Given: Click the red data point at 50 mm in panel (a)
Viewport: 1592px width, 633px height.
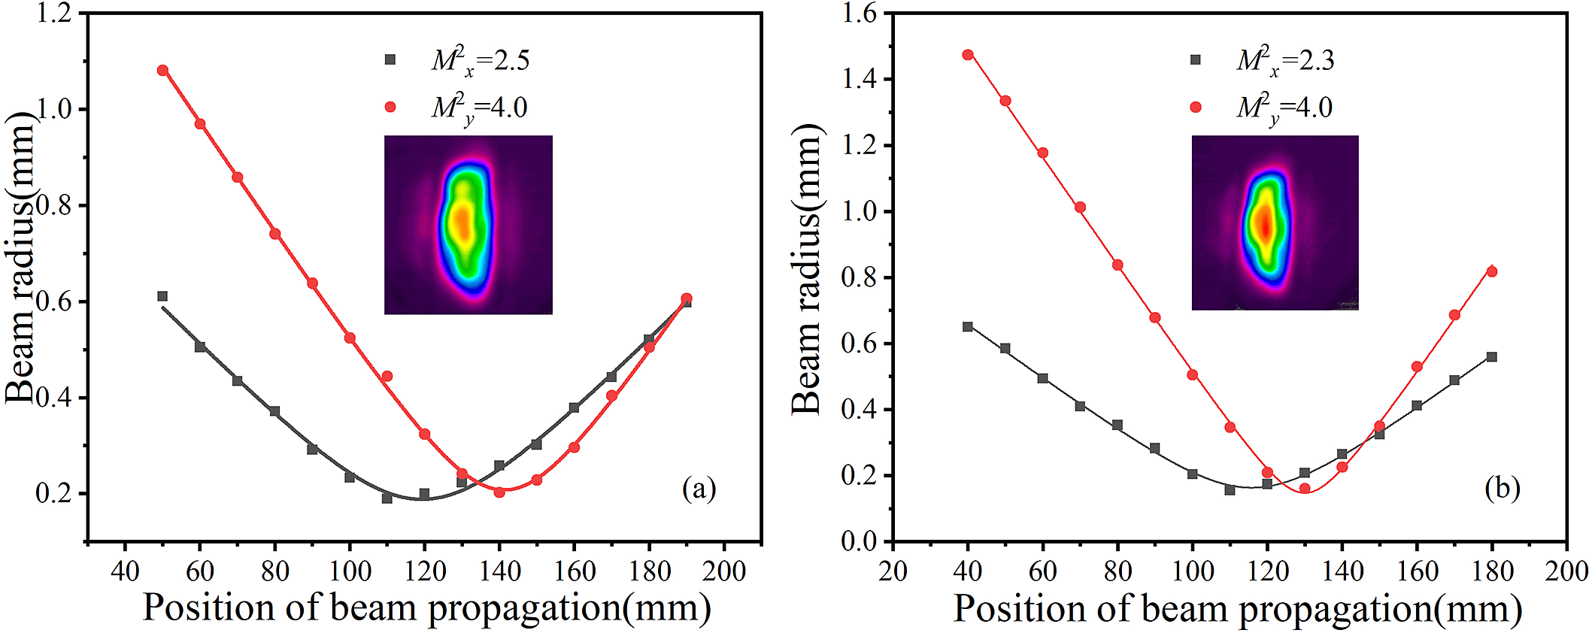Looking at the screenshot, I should coord(162,71).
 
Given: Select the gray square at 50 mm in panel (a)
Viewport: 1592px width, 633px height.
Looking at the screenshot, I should coord(162,296).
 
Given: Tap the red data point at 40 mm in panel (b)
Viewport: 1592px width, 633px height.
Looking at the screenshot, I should coord(968,55).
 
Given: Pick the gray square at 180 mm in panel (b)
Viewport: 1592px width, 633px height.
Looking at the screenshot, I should coord(1492,357).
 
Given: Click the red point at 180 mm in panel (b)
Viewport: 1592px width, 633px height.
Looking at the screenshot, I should coord(1492,271).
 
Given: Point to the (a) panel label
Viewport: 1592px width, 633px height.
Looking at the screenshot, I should coord(699,489).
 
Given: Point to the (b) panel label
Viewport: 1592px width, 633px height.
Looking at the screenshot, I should coord(1502,489).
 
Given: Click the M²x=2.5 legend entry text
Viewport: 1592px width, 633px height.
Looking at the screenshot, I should coord(481,61).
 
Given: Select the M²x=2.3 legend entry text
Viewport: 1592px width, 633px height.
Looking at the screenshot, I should coord(1285,61).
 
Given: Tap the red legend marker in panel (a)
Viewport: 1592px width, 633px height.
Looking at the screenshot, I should coord(390,108).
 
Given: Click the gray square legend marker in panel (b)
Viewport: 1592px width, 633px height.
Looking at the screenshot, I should coord(1196,60).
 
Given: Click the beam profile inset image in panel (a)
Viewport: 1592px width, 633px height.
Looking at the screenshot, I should coord(469,225).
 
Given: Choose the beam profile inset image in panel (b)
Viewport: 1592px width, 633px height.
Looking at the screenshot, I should coord(1275,223).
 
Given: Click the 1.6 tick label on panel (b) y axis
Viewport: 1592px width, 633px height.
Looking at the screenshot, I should coord(860,14).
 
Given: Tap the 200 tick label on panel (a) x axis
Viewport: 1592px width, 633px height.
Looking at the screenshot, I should coord(723,571).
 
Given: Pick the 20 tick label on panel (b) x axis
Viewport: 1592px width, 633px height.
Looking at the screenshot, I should coord(893,571).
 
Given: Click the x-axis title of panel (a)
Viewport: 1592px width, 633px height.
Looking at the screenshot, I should coord(426,607).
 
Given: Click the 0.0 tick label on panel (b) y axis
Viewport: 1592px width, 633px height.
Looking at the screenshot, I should coord(860,541).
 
